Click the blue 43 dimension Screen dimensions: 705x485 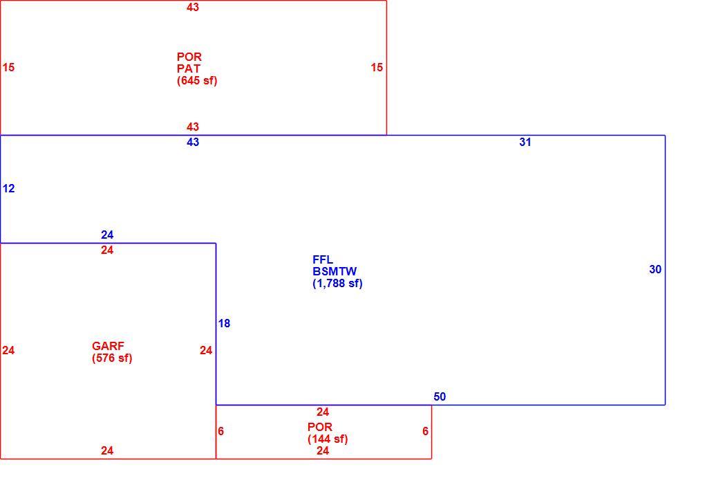[193, 142]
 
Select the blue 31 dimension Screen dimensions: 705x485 [525, 142]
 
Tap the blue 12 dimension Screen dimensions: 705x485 [8, 188]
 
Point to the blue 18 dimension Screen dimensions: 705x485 [224, 324]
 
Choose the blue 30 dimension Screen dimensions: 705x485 [655, 270]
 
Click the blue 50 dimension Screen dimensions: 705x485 [440, 397]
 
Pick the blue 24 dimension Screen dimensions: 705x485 [107, 235]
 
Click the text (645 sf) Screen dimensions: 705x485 [197, 80]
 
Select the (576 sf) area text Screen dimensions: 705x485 [112, 358]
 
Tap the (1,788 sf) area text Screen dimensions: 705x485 [337, 284]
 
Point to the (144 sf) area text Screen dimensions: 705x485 [328, 439]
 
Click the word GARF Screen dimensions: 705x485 [108, 347]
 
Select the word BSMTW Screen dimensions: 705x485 [335, 272]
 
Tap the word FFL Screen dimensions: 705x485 [323, 260]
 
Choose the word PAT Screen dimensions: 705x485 [189, 68]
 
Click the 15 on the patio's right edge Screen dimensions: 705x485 [377, 68]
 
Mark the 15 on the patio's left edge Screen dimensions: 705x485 [8, 68]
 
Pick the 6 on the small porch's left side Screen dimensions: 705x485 [220, 432]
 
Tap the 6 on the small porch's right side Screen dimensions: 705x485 [425, 432]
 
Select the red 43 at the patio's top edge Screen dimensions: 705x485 [193, 7]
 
